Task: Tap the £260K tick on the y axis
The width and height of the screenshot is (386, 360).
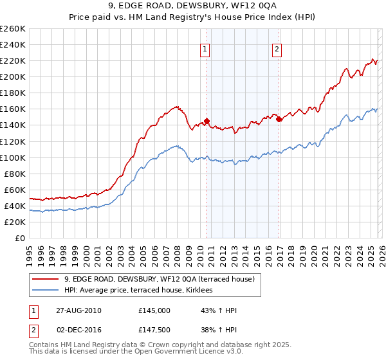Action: (x=13, y=29)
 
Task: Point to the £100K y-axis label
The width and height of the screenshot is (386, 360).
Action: (x=13, y=157)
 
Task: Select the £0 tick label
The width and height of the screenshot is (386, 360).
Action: (x=20, y=238)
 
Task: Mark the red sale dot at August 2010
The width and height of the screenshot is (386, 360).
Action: (x=207, y=121)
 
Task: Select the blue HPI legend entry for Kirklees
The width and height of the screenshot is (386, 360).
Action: (x=142, y=291)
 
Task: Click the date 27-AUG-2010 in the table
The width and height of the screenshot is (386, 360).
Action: (x=75, y=310)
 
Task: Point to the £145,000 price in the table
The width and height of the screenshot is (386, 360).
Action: (x=154, y=310)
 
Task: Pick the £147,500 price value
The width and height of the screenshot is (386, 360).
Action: (x=154, y=330)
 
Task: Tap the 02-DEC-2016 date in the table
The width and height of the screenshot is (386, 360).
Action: (x=75, y=330)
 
